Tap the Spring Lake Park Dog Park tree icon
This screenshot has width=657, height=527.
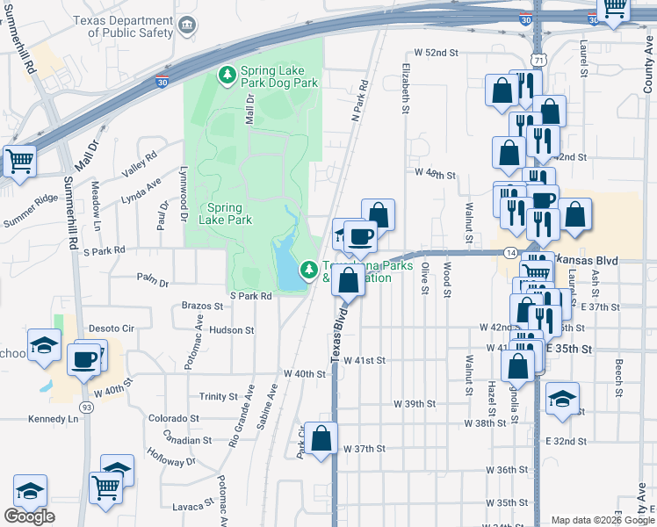pyautogui.click(x=227, y=75)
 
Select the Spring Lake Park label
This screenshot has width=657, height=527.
pyautogui.click(x=226, y=213)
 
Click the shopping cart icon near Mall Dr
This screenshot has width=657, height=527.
pyautogui.click(x=18, y=161)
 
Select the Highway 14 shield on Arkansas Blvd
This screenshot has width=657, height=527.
pyautogui.click(x=511, y=252)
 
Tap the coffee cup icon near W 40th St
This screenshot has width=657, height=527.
pyautogui.click(x=85, y=359)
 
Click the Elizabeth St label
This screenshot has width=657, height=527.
pyautogui.click(x=406, y=88)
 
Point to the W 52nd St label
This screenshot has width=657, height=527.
pyautogui.click(x=437, y=53)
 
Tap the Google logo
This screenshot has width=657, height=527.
pyautogui.click(x=29, y=516)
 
